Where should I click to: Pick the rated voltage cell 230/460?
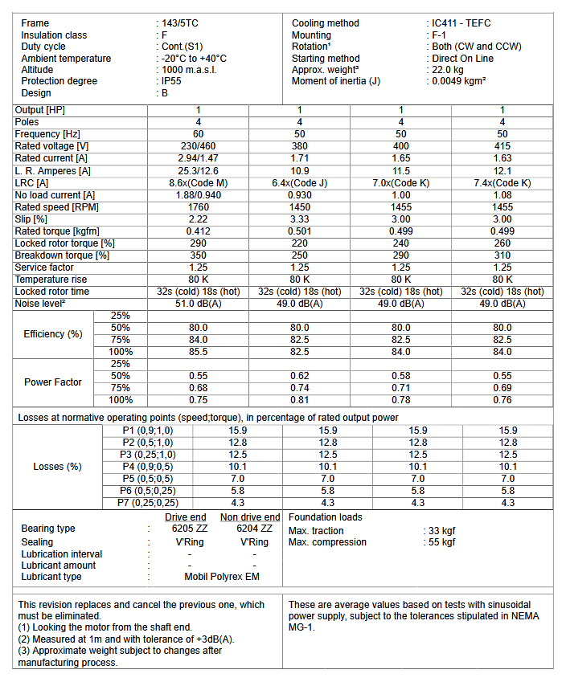(198, 146)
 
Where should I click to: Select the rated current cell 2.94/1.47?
(198, 158)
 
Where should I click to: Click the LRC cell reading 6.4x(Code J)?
(299, 183)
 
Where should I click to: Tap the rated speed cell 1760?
(198, 207)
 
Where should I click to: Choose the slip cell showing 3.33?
(299, 219)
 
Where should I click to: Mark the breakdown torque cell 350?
(198, 255)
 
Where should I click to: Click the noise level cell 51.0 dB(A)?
(198, 304)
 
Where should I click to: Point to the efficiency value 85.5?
(198, 352)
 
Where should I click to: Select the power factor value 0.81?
(299, 400)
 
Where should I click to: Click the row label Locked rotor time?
(52, 292)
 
